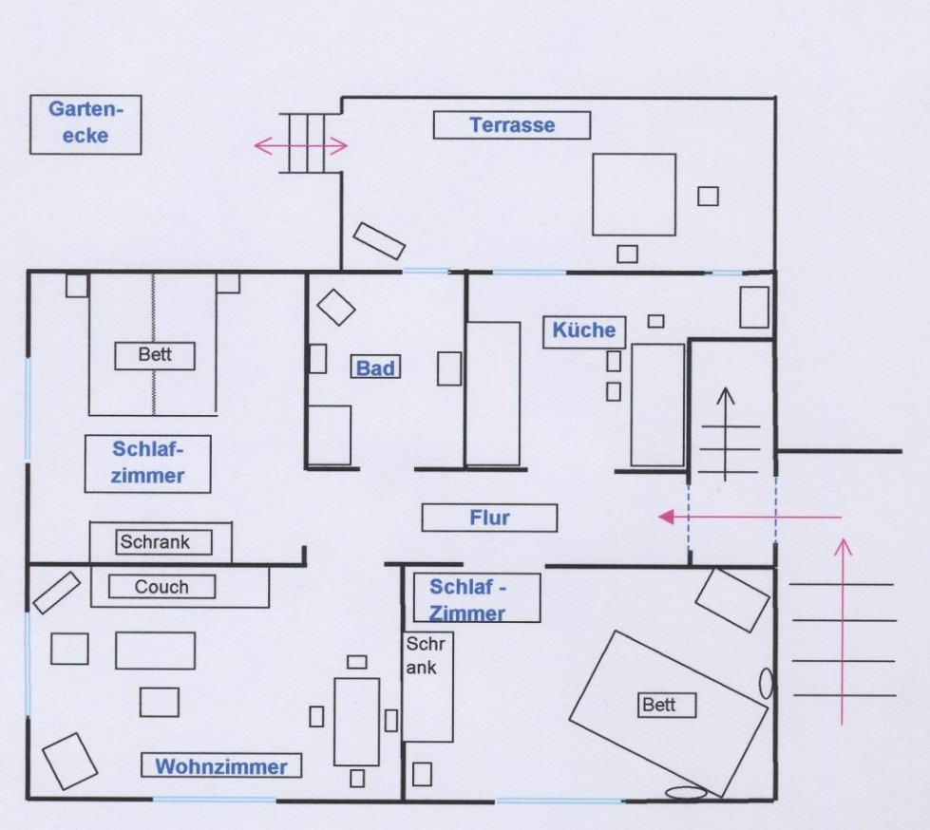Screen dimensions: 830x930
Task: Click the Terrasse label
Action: pyautogui.click(x=512, y=125)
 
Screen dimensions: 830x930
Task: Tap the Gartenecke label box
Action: pyautogui.click(x=85, y=124)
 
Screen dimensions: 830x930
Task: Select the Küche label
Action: pyautogui.click(x=584, y=330)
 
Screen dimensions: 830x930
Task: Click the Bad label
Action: pyautogui.click(x=375, y=368)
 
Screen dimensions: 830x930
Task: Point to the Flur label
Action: pyautogui.click(x=489, y=518)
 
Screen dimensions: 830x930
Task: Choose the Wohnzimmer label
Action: pyautogui.click(x=221, y=766)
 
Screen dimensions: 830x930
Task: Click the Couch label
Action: pyautogui.click(x=161, y=587)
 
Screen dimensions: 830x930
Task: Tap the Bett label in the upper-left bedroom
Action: pyautogui.click(x=155, y=355)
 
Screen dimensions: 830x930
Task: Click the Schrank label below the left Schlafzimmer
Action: pyautogui.click(x=161, y=542)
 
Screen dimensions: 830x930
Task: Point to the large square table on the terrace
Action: pyautogui.click(x=634, y=194)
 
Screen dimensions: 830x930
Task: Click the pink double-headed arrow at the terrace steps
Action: pyautogui.click(x=301, y=145)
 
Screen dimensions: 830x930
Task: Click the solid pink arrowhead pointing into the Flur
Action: pyautogui.click(x=667, y=517)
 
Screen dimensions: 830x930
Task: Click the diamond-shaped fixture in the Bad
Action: pyautogui.click(x=335, y=306)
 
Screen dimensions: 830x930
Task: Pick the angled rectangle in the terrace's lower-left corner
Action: pyautogui.click(x=379, y=240)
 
